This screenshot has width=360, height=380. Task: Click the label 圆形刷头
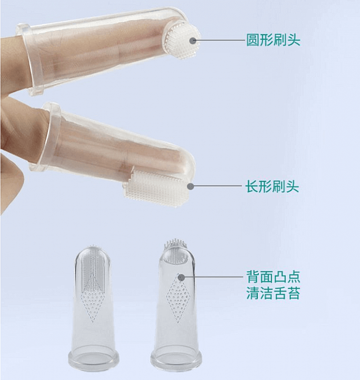click(273, 41)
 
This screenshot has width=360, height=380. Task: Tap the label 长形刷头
click(272, 186)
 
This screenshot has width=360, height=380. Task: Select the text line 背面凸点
click(273, 276)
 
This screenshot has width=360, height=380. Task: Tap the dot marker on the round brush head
click(193, 41)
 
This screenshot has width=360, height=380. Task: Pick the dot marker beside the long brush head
click(190, 185)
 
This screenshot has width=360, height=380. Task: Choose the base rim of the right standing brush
click(176, 360)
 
